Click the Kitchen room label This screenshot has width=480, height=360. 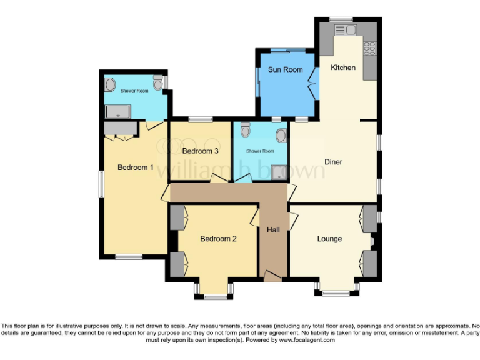(343, 67)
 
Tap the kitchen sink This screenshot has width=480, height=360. (344, 30)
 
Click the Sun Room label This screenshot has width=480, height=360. (285, 69)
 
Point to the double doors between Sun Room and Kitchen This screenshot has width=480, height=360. (312, 82)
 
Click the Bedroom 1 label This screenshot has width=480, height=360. (136, 167)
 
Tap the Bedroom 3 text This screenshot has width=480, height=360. (200, 151)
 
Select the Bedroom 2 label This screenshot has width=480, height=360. (218, 239)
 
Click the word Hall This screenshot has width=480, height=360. (273, 231)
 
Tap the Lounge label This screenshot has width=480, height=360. (329, 239)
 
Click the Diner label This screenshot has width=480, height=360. (333, 162)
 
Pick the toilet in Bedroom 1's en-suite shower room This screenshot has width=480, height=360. (157, 82)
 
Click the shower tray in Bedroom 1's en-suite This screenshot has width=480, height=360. (117, 111)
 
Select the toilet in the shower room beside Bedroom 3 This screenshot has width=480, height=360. (245, 131)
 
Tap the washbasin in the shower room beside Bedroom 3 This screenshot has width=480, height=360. (282, 136)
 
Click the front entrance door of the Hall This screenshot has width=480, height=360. (272, 276)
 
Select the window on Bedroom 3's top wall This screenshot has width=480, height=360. (200, 119)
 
